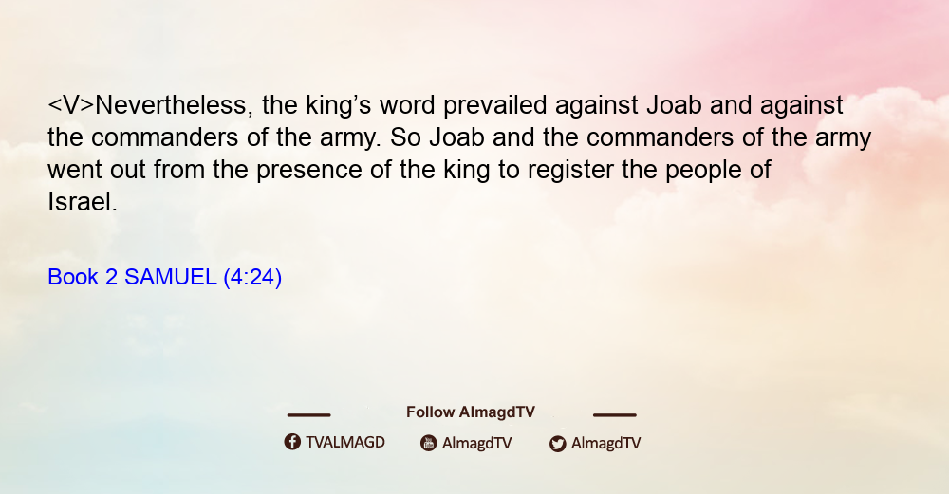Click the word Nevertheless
pos(171,105)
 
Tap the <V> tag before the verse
pos(71,105)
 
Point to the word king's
pos(339,106)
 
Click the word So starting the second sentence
pos(405,137)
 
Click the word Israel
pos(83,202)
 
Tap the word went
pos(75,171)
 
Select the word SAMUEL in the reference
pos(171,277)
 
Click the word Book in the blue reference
pos(73,277)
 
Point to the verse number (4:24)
pos(252,278)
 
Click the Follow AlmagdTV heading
pos(471,412)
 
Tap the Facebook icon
pos(292,442)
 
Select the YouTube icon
pos(429,443)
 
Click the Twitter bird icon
pos(557,444)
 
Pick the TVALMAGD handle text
pos(345,443)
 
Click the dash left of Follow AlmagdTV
pos(308,415)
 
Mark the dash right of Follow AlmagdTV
pos(615,415)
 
